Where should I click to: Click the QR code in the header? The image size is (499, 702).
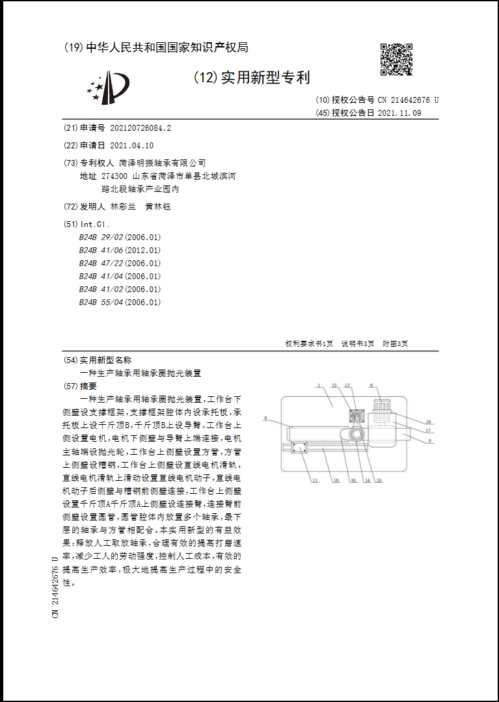tap(396, 59)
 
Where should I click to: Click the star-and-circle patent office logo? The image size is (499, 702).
tap(109, 87)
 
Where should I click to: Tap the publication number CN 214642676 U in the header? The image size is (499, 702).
tap(409, 100)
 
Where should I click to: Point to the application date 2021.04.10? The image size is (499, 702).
tap(132, 145)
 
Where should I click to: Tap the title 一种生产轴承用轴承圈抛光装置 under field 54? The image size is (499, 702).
tap(140, 373)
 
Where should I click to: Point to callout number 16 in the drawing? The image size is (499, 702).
tap(428, 422)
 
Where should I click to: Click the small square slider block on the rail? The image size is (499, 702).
tap(299, 448)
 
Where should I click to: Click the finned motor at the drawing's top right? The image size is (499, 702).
tap(382, 409)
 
